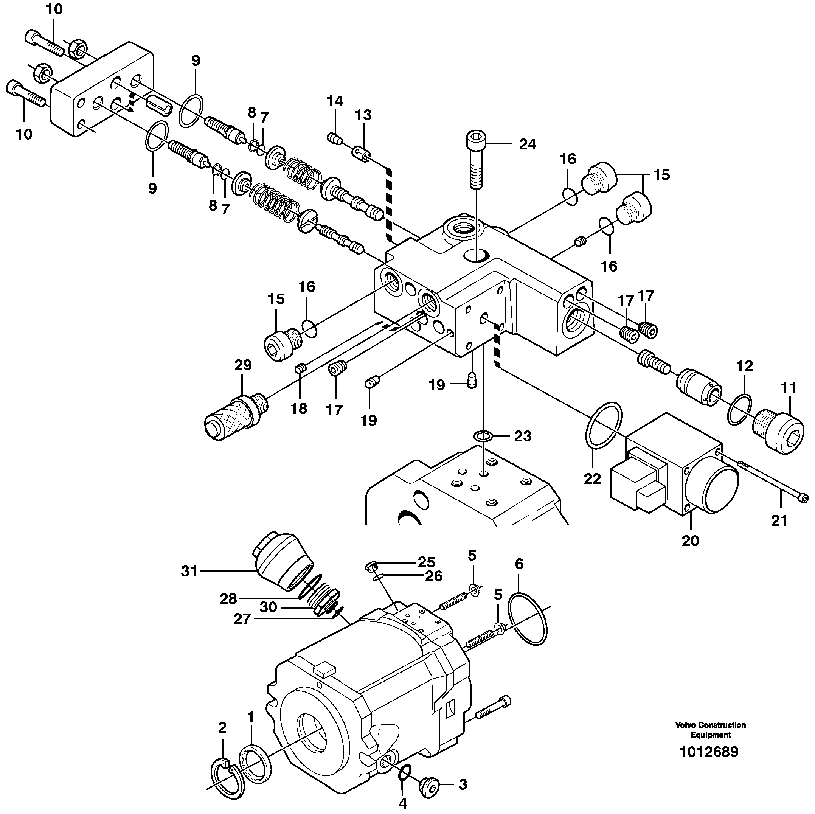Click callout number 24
pyautogui.click(x=527, y=145)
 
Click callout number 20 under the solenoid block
pyautogui.click(x=690, y=541)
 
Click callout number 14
pyautogui.click(x=335, y=101)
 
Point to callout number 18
pyautogui.click(x=299, y=408)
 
